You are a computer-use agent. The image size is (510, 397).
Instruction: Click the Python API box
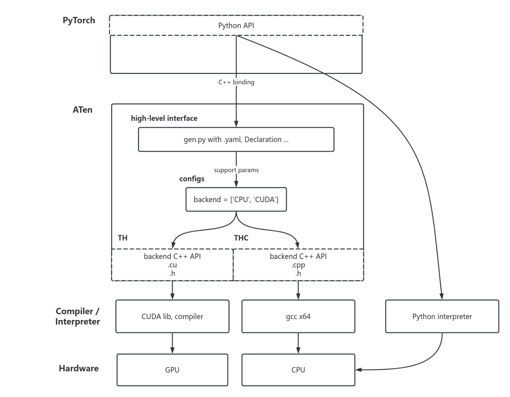(236, 25)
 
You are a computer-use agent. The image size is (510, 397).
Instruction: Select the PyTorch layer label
(79, 21)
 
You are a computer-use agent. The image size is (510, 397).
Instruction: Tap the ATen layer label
(82, 110)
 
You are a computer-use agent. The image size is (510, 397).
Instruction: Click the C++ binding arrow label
(236, 82)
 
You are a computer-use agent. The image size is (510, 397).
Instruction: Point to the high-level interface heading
(164, 118)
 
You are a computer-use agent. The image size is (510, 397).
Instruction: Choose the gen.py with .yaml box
(236, 140)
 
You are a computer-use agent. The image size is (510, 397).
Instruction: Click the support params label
(236, 170)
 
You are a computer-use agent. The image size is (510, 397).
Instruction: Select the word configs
(192, 179)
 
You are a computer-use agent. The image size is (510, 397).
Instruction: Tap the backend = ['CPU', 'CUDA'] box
(236, 199)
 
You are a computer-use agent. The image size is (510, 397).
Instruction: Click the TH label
(123, 238)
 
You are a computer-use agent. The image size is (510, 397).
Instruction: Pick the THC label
(241, 238)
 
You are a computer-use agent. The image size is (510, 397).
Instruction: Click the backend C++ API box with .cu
(172, 265)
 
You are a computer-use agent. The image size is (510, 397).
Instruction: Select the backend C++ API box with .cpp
(298, 265)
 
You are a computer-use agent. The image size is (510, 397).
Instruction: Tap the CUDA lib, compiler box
(172, 316)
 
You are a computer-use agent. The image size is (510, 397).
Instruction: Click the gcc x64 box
(298, 316)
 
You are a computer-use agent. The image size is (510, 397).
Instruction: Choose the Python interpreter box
(442, 316)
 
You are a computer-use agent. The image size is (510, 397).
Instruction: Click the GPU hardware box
(172, 370)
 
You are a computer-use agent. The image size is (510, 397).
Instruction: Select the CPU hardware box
(298, 370)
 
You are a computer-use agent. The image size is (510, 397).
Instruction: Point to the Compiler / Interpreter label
(78, 316)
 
